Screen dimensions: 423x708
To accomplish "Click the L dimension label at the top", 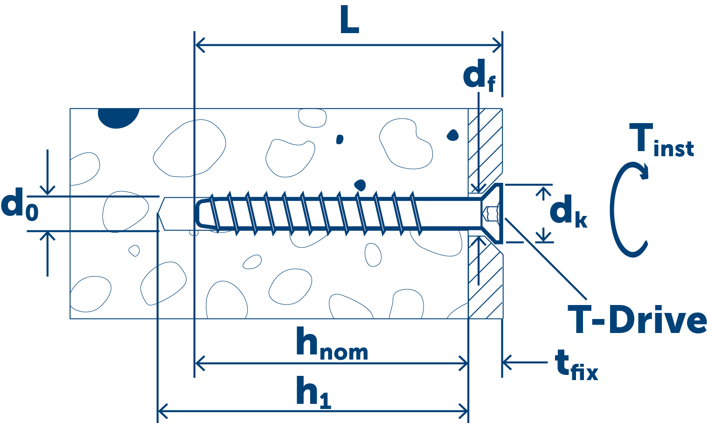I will pyautogui.click(x=349, y=21).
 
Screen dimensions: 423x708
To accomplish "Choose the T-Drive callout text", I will pyautogui.click(x=637, y=321).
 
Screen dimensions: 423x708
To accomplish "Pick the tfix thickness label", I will pyautogui.click(x=576, y=366).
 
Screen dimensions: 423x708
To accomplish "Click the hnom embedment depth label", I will pyautogui.click(x=332, y=344).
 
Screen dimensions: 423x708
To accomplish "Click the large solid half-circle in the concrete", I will pyautogui.click(x=118, y=117).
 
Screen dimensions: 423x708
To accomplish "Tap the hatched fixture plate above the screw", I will pyautogui.click(x=485, y=145).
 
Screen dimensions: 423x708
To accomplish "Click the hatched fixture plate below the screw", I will pyautogui.click(x=485, y=284).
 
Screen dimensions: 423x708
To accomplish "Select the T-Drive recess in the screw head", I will pyautogui.click(x=491, y=214).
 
